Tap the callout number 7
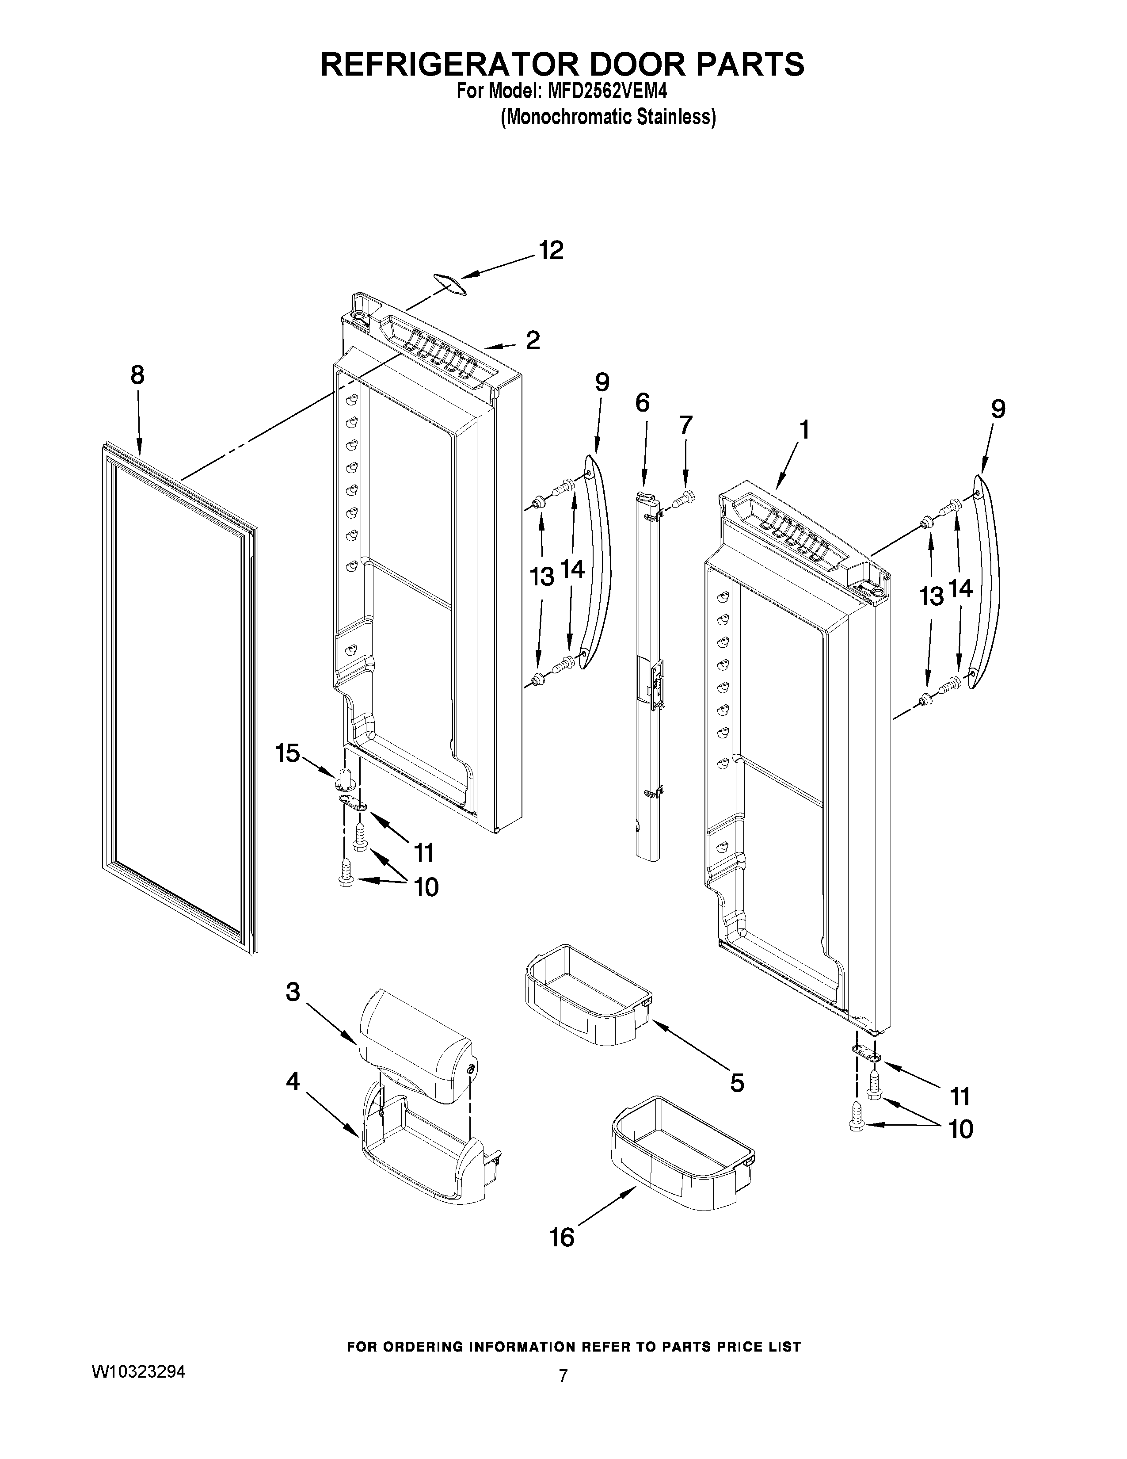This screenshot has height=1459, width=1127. (x=685, y=425)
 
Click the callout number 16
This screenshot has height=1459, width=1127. (x=562, y=1238)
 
